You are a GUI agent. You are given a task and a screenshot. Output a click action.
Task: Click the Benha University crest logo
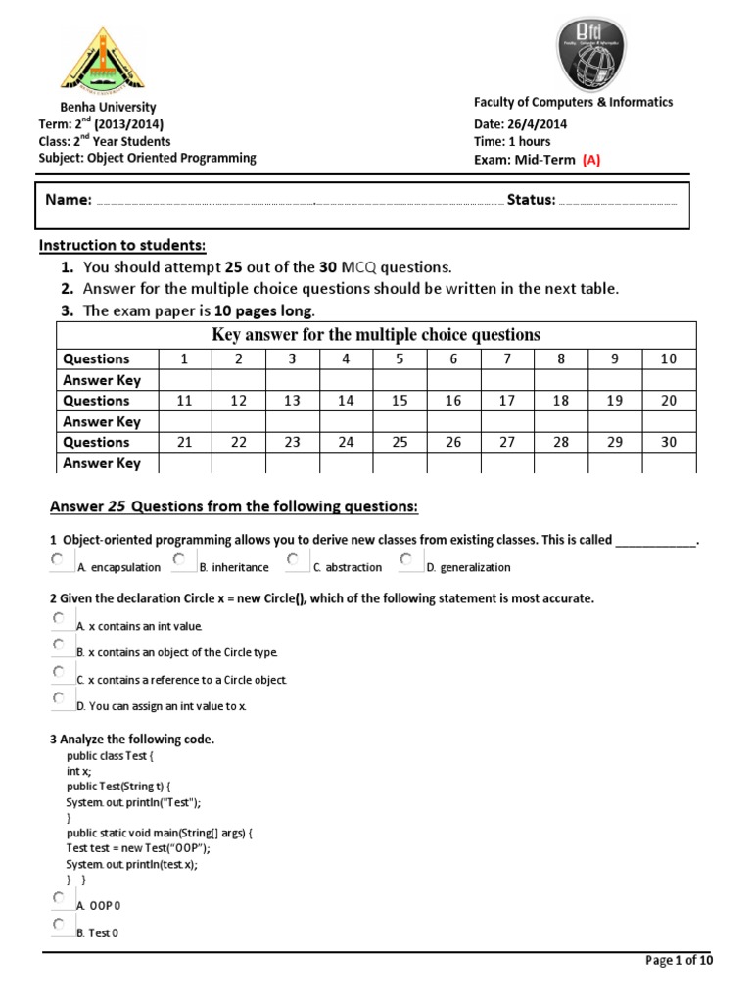click(101, 60)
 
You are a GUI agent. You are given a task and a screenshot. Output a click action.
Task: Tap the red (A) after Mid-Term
click(590, 159)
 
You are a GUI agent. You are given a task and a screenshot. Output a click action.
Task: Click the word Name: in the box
click(69, 200)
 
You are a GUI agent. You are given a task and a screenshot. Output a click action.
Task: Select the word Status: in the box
click(531, 200)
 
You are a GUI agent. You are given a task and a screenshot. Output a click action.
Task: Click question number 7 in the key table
click(507, 359)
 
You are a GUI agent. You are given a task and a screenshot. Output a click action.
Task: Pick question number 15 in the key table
click(399, 401)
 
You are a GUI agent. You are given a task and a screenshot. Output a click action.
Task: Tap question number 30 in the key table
click(669, 443)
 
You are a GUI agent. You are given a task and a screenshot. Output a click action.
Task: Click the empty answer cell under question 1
click(185, 380)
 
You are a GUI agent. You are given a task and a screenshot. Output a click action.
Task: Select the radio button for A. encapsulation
click(59, 559)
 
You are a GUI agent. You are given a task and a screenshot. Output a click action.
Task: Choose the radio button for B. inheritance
click(180, 559)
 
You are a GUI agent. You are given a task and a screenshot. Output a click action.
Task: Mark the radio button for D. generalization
click(407, 559)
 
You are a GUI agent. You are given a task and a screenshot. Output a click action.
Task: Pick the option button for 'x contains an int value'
click(59, 619)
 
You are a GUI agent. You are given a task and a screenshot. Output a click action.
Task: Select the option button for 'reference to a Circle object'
click(59, 672)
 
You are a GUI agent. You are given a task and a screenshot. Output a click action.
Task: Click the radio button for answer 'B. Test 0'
click(59, 925)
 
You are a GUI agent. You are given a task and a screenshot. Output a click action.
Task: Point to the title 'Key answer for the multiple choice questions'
click(376, 335)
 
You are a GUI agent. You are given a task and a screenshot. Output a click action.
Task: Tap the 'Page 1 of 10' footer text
click(680, 961)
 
